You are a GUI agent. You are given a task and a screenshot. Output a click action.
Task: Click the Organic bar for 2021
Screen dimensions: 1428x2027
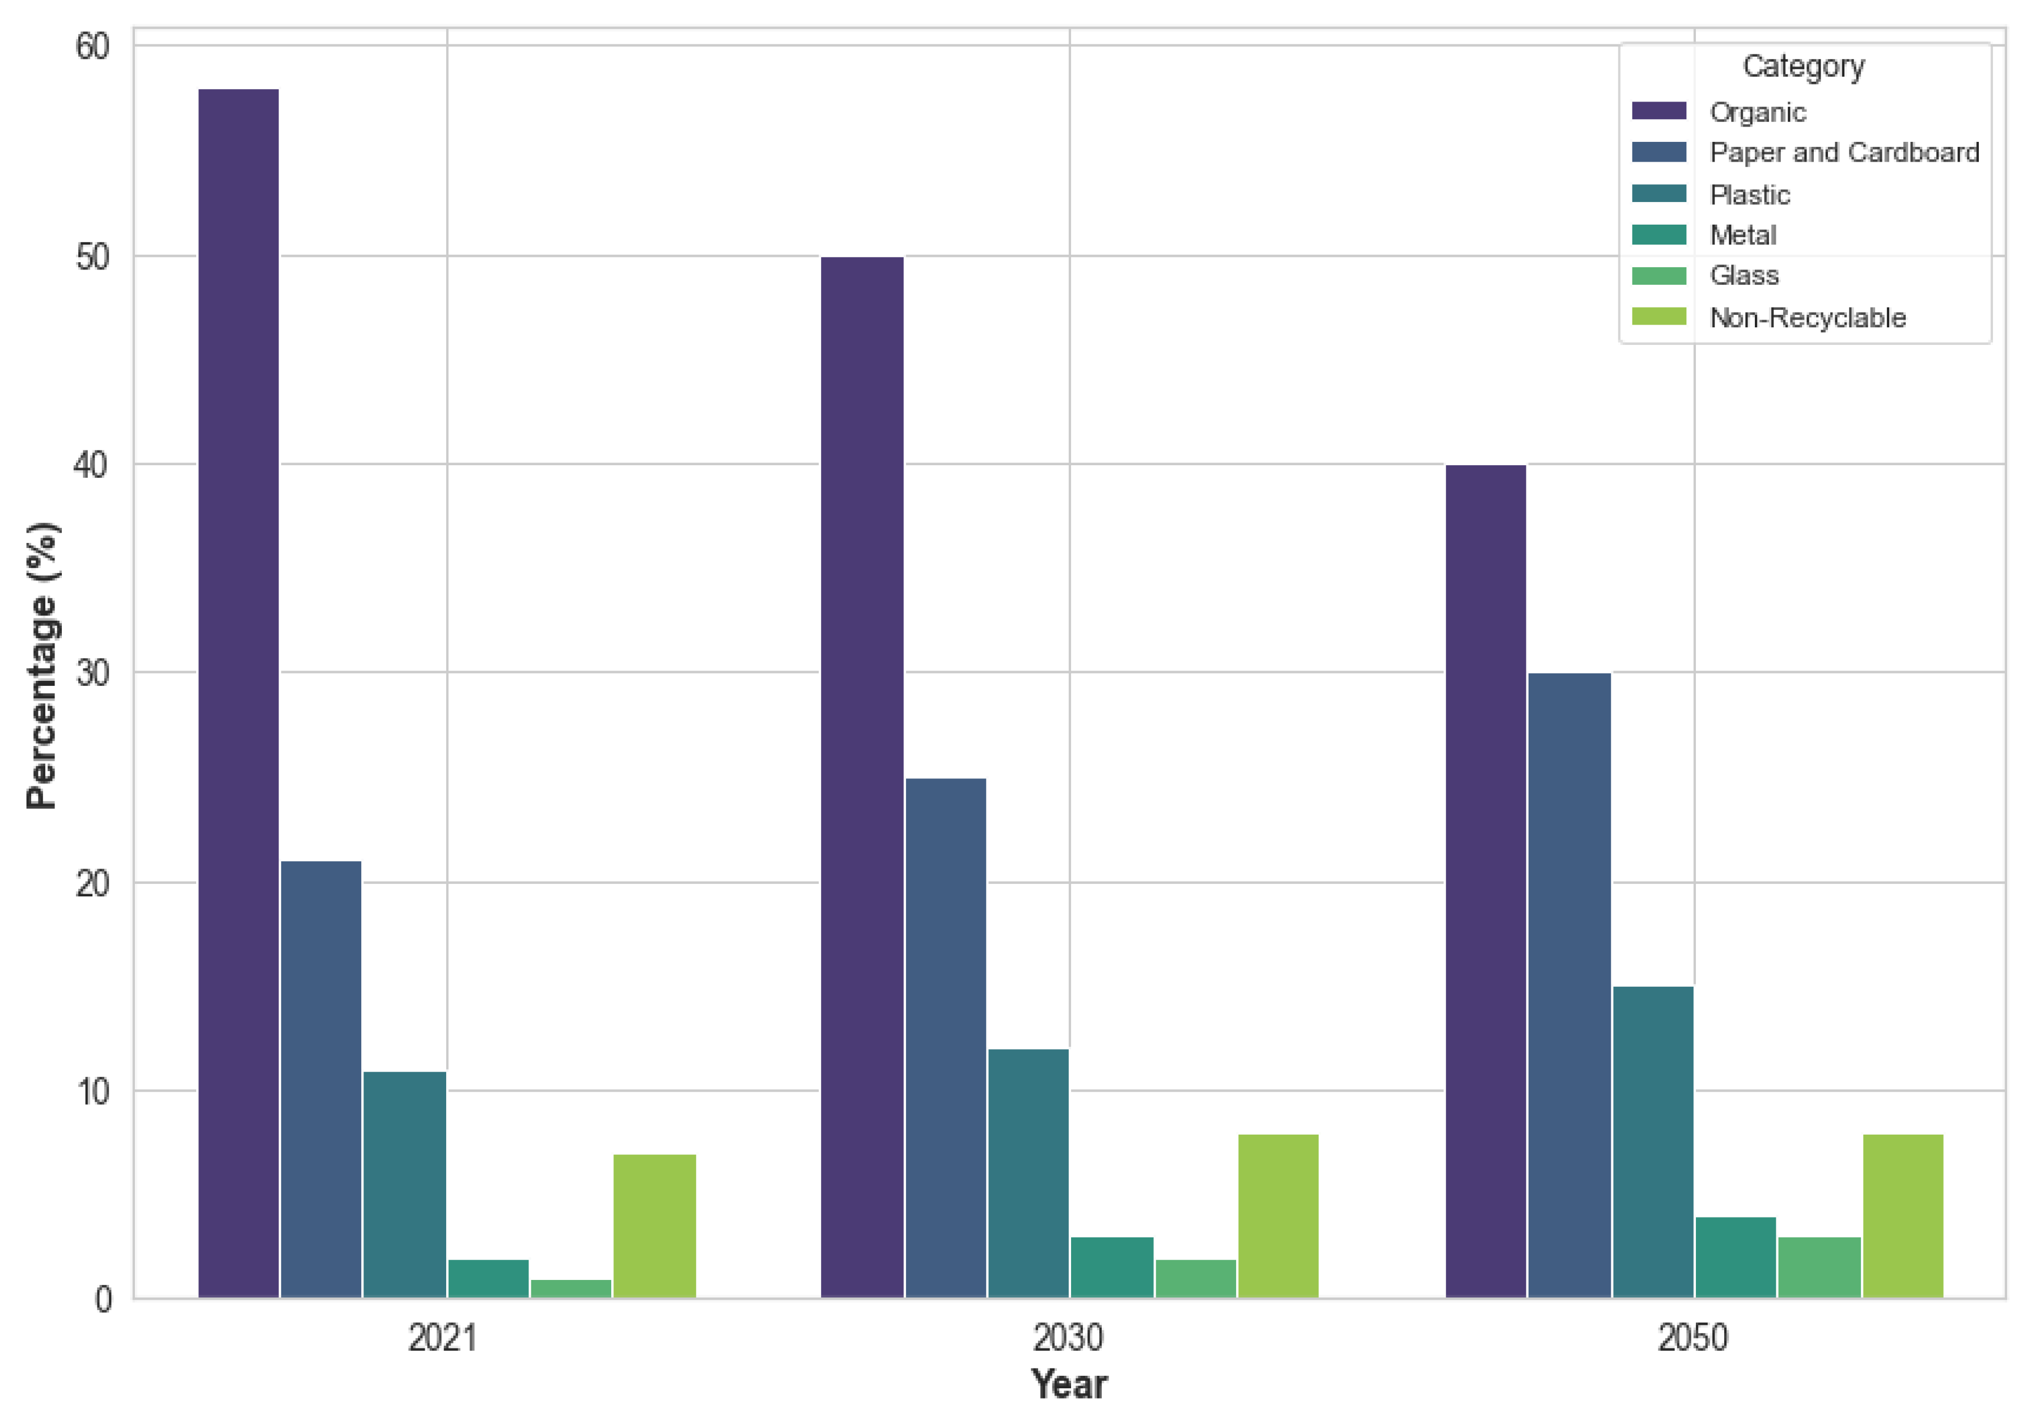click(238, 693)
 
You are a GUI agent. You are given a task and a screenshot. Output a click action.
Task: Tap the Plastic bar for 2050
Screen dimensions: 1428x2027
click(1653, 1142)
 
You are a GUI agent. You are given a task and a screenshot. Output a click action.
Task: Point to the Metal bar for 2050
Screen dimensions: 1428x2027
click(1736, 1258)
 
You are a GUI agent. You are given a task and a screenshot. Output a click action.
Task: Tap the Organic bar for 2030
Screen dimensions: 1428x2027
click(862, 777)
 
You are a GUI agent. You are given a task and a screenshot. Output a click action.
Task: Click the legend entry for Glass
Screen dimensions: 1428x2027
click(1744, 276)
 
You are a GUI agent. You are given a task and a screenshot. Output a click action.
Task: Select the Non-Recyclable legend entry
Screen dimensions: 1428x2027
click(1807, 318)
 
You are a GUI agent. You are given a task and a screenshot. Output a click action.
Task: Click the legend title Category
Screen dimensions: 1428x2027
click(1803, 66)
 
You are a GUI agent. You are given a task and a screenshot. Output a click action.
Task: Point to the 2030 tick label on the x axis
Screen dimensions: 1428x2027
click(1068, 1339)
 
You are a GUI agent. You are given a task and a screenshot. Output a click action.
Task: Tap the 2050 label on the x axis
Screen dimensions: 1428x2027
click(1692, 1339)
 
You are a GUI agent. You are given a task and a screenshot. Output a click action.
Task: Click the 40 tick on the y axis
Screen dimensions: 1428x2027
click(92, 465)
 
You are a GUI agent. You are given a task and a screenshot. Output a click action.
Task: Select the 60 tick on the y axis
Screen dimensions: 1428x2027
click(92, 47)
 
